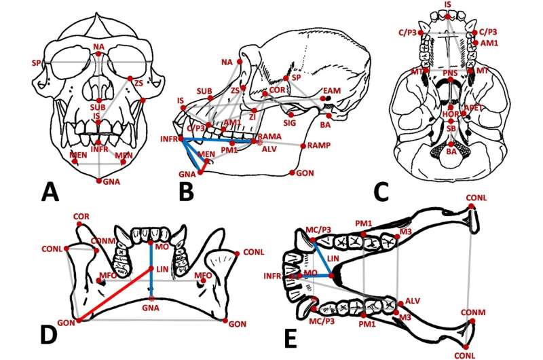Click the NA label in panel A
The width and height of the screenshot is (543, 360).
(x=98, y=46)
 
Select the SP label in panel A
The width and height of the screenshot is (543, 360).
(x=35, y=62)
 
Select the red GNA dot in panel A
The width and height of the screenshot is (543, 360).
(x=99, y=181)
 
